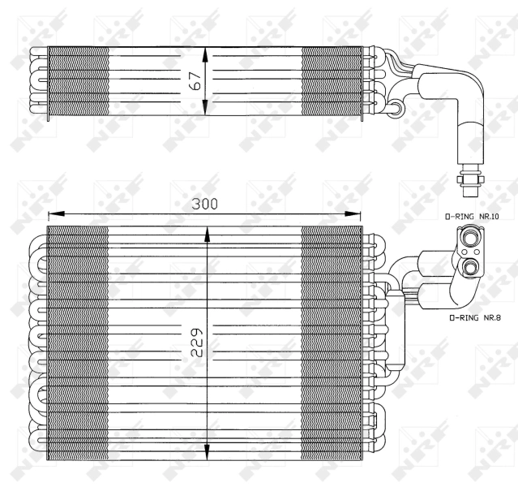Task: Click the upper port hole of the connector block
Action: (468, 236)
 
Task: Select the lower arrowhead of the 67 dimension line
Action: (208, 114)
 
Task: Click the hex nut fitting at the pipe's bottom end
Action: (469, 175)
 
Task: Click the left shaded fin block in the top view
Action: (78, 84)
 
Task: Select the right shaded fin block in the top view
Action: (331, 84)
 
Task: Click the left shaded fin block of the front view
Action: (78, 341)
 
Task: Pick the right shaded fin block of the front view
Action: (331, 341)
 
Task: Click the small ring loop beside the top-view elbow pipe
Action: (398, 105)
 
